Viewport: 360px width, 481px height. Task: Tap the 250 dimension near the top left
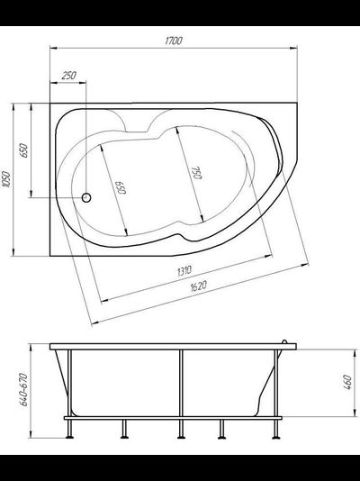coord(68,77)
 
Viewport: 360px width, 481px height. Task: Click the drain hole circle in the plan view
coord(87,198)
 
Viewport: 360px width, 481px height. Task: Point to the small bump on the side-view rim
coord(287,341)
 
